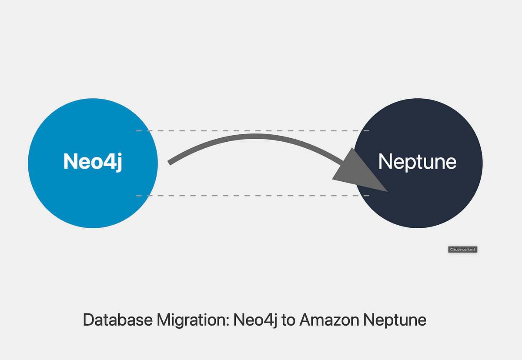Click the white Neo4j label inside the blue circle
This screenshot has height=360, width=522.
click(93, 161)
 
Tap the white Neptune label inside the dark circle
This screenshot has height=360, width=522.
click(417, 162)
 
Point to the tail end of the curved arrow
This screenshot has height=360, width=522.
click(170, 163)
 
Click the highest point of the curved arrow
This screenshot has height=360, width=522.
click(254, 137)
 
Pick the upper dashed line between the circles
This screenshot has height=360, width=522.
click(252, 130)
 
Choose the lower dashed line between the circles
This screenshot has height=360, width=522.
click(252, 196)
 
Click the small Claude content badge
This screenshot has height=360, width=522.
click(463, 250)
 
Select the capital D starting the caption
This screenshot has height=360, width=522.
click(88, 320)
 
